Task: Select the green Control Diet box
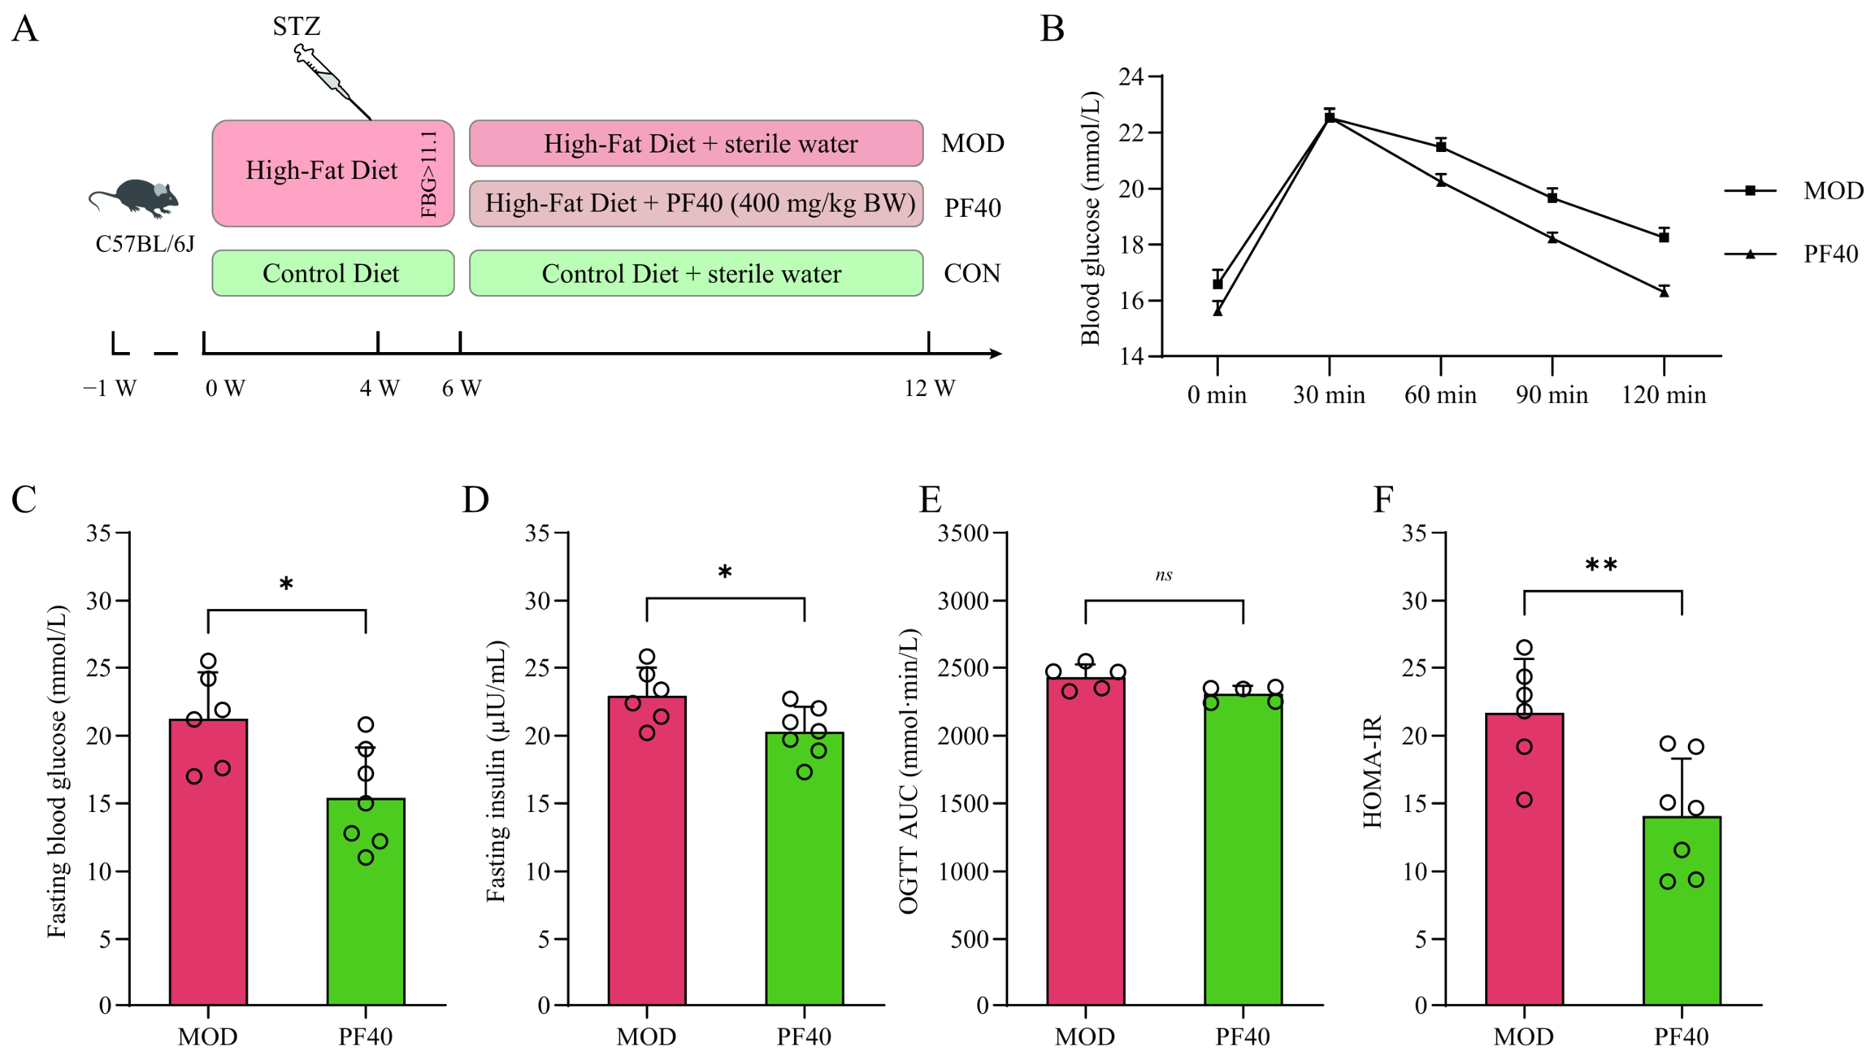[333, 273]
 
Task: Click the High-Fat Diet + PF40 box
[697, 203]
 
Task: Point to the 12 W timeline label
[930, 389]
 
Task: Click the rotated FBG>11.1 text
[429, 173]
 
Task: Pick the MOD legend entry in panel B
[1793, 191]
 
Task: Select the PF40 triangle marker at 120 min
[1664, 292]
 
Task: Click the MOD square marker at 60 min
[1441, 146]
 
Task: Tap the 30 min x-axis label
[1329, 395]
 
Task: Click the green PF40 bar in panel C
[366, 902]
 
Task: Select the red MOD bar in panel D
[647, 850]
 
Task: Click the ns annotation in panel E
[1164, 576]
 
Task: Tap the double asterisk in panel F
[1601, 565]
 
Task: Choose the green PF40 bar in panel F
[1682, 910]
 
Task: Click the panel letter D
[475, 499]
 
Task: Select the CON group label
[972, 274]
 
